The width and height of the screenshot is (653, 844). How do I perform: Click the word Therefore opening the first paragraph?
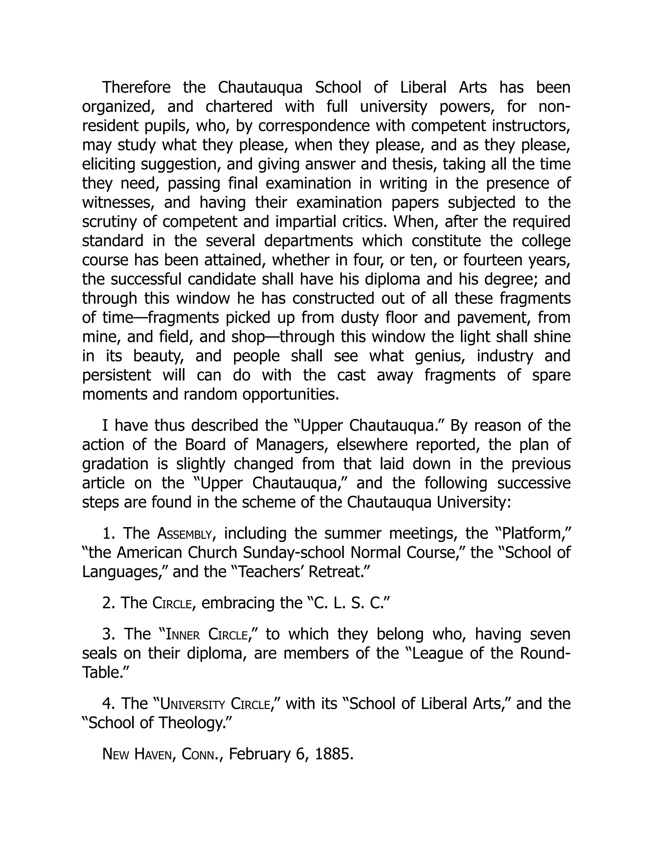(136, 87)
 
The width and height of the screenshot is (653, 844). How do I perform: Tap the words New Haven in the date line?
(137, 754)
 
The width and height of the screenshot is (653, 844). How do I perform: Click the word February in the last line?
(259, 754)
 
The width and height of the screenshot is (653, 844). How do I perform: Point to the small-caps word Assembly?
(185, 534)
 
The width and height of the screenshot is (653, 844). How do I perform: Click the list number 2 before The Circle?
(107, 603)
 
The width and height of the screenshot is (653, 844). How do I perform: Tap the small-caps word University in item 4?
(192, 704)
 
